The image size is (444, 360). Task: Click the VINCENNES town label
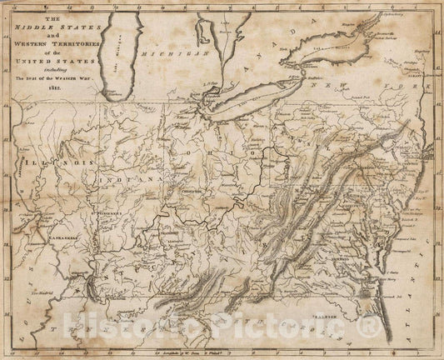(x=109, y=213)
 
